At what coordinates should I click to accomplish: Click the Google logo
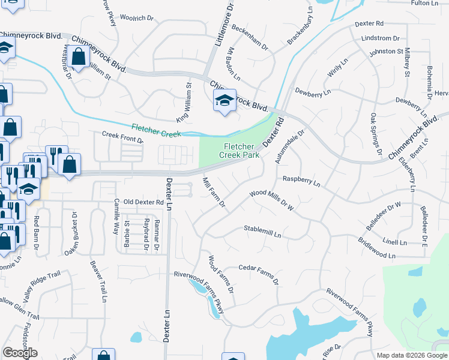click(x=20, y=353)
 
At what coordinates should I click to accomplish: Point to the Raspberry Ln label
click(x=301, y=180)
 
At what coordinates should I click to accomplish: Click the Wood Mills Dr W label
click(x=272, y=200)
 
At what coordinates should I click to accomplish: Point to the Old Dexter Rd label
click(x=143, y=203)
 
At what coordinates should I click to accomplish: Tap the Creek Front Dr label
click(x=122, y=137)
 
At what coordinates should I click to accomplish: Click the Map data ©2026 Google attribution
click(x=411, y=355)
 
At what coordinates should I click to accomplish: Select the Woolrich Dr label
click(x=137, y=19)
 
